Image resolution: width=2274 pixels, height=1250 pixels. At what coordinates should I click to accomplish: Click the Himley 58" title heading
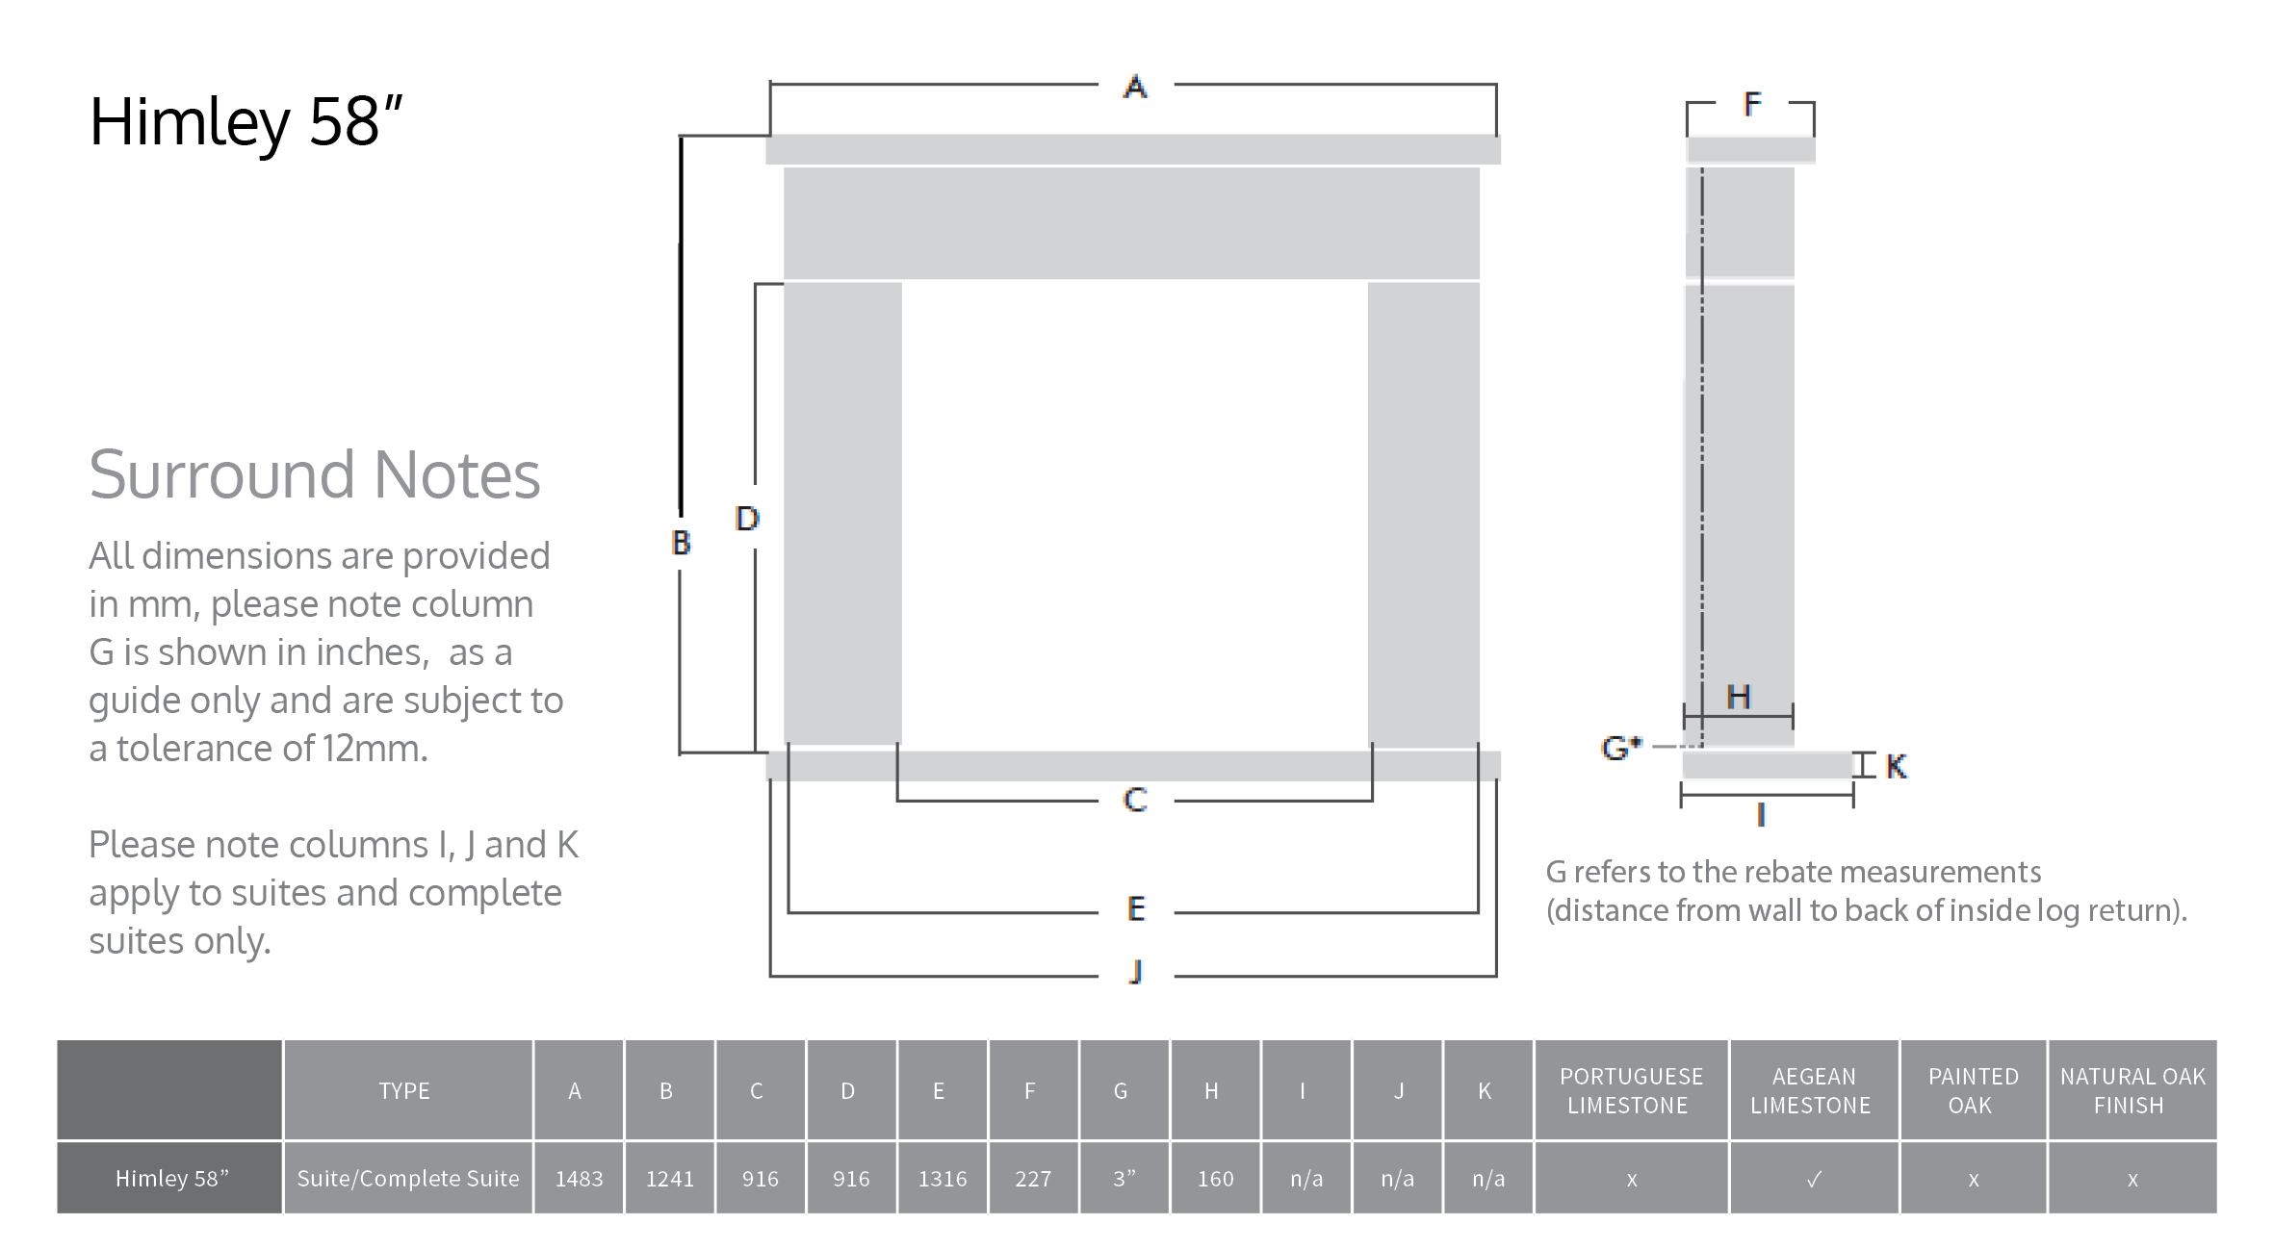[x=245, y=122]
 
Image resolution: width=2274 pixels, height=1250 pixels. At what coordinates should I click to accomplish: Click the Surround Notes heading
[x=314, y=474]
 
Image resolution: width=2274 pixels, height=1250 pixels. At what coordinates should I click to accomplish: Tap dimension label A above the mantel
[x=1135, y=88]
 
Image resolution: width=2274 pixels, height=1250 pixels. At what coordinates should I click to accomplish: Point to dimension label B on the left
[x=681, y=543]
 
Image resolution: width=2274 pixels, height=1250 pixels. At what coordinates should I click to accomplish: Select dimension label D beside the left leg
[x=747, y=519]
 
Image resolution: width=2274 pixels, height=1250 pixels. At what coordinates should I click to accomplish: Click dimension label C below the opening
[x=1135, y=800]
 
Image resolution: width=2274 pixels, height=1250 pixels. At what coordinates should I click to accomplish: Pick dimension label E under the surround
[x=1136, y=908]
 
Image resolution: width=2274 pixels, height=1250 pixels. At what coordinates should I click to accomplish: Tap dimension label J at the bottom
[x=1136, y=972]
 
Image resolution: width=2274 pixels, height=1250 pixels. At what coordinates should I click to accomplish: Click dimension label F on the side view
[x=1752, y=104]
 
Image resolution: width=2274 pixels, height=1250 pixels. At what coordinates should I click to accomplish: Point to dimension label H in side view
[x=1738, y=697]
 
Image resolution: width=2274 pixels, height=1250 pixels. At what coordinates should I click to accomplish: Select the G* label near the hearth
[x=1620, y=747]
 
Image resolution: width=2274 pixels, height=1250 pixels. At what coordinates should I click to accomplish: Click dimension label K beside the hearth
[x=1896, y=766]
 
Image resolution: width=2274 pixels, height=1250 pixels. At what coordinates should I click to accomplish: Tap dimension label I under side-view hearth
[x=1761, y=816]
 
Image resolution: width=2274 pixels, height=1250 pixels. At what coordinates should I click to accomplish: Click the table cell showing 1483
[x=579, y=1179]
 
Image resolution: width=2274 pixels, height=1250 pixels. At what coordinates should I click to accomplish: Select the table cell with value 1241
[x=669, y=1179]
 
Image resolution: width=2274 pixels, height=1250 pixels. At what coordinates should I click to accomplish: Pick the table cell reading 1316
[x=942, y=1179]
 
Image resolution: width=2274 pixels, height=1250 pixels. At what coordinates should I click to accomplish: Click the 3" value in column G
[x=1124, y=1179]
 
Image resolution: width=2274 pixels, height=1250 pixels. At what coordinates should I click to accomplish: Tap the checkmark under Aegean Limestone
[x=1814, y=1179]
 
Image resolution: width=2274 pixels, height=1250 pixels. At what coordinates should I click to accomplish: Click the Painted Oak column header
[x=1973, y=1090]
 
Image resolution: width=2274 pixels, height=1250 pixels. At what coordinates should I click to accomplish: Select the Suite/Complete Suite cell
[x=407, y=1179]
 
